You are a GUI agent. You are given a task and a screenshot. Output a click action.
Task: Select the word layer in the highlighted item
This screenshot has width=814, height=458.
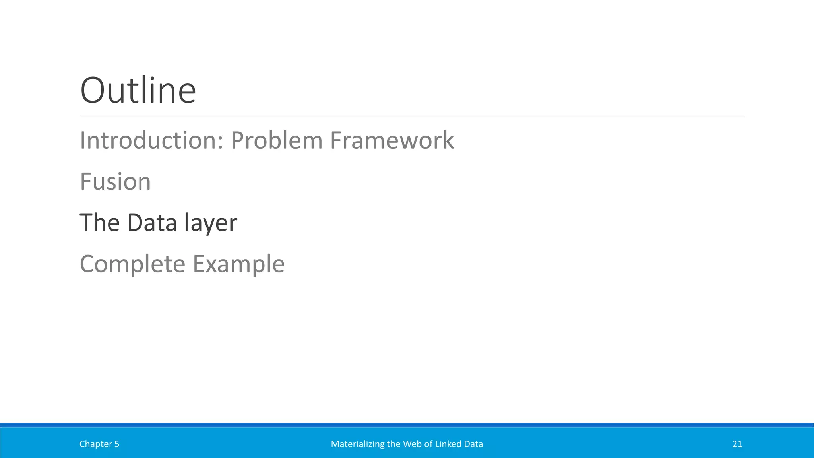pyautogui.click(x=211, y=223)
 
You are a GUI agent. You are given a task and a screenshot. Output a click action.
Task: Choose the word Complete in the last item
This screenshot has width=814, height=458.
pyautogui.click(x=132, y=264)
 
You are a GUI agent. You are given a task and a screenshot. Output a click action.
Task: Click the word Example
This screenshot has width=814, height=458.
pyautogui.click(x=238, y=264)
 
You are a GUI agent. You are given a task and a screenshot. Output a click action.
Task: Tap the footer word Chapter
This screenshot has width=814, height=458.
pyautogui.click(x=95, y=444)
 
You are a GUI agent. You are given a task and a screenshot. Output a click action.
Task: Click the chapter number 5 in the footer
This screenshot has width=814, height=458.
pyautogui.click(x=117, y=444)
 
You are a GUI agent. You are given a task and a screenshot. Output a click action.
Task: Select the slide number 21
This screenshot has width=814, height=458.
pyautogui.click(x=737, y=444)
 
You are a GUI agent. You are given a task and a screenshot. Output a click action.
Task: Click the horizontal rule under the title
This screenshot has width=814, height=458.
pyautogui.click(x=412, y=116)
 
